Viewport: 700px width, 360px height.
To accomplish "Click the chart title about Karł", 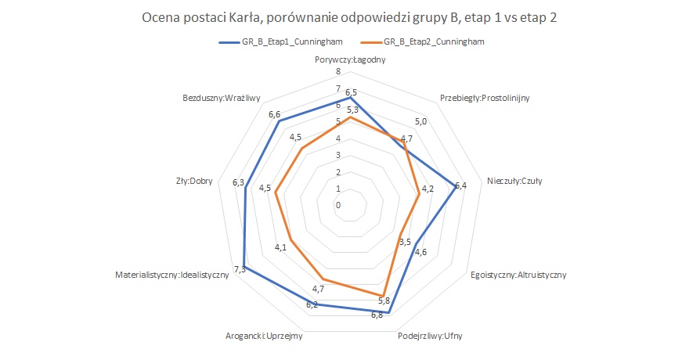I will coord(349,18).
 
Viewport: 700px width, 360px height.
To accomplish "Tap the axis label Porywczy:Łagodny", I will coord(349,59).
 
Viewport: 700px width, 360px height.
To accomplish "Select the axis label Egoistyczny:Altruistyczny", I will coord(518,275).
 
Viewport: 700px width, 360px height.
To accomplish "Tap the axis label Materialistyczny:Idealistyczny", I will coord(171,275).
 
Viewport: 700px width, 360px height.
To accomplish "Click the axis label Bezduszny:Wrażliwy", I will coord(221,99).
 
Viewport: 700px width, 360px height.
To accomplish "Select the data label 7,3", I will coord(240,269).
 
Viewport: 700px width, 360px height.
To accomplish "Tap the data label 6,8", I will coord(377,315).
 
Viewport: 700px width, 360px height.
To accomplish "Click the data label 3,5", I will coord(405,242).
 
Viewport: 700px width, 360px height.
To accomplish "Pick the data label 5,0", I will coord(421,122).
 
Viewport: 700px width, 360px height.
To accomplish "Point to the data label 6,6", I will coord(274,115).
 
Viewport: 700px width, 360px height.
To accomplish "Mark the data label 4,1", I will coord(280,248).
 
